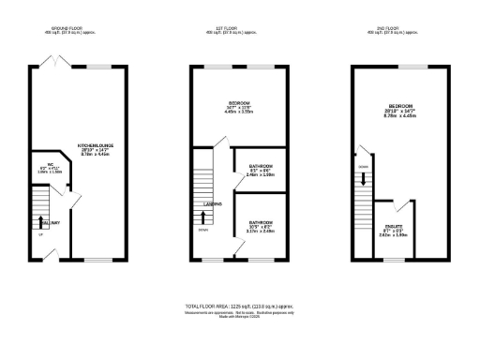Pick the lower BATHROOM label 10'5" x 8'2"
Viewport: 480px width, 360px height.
tap(260, 222)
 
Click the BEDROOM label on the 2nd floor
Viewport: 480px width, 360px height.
tap(400, 106)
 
